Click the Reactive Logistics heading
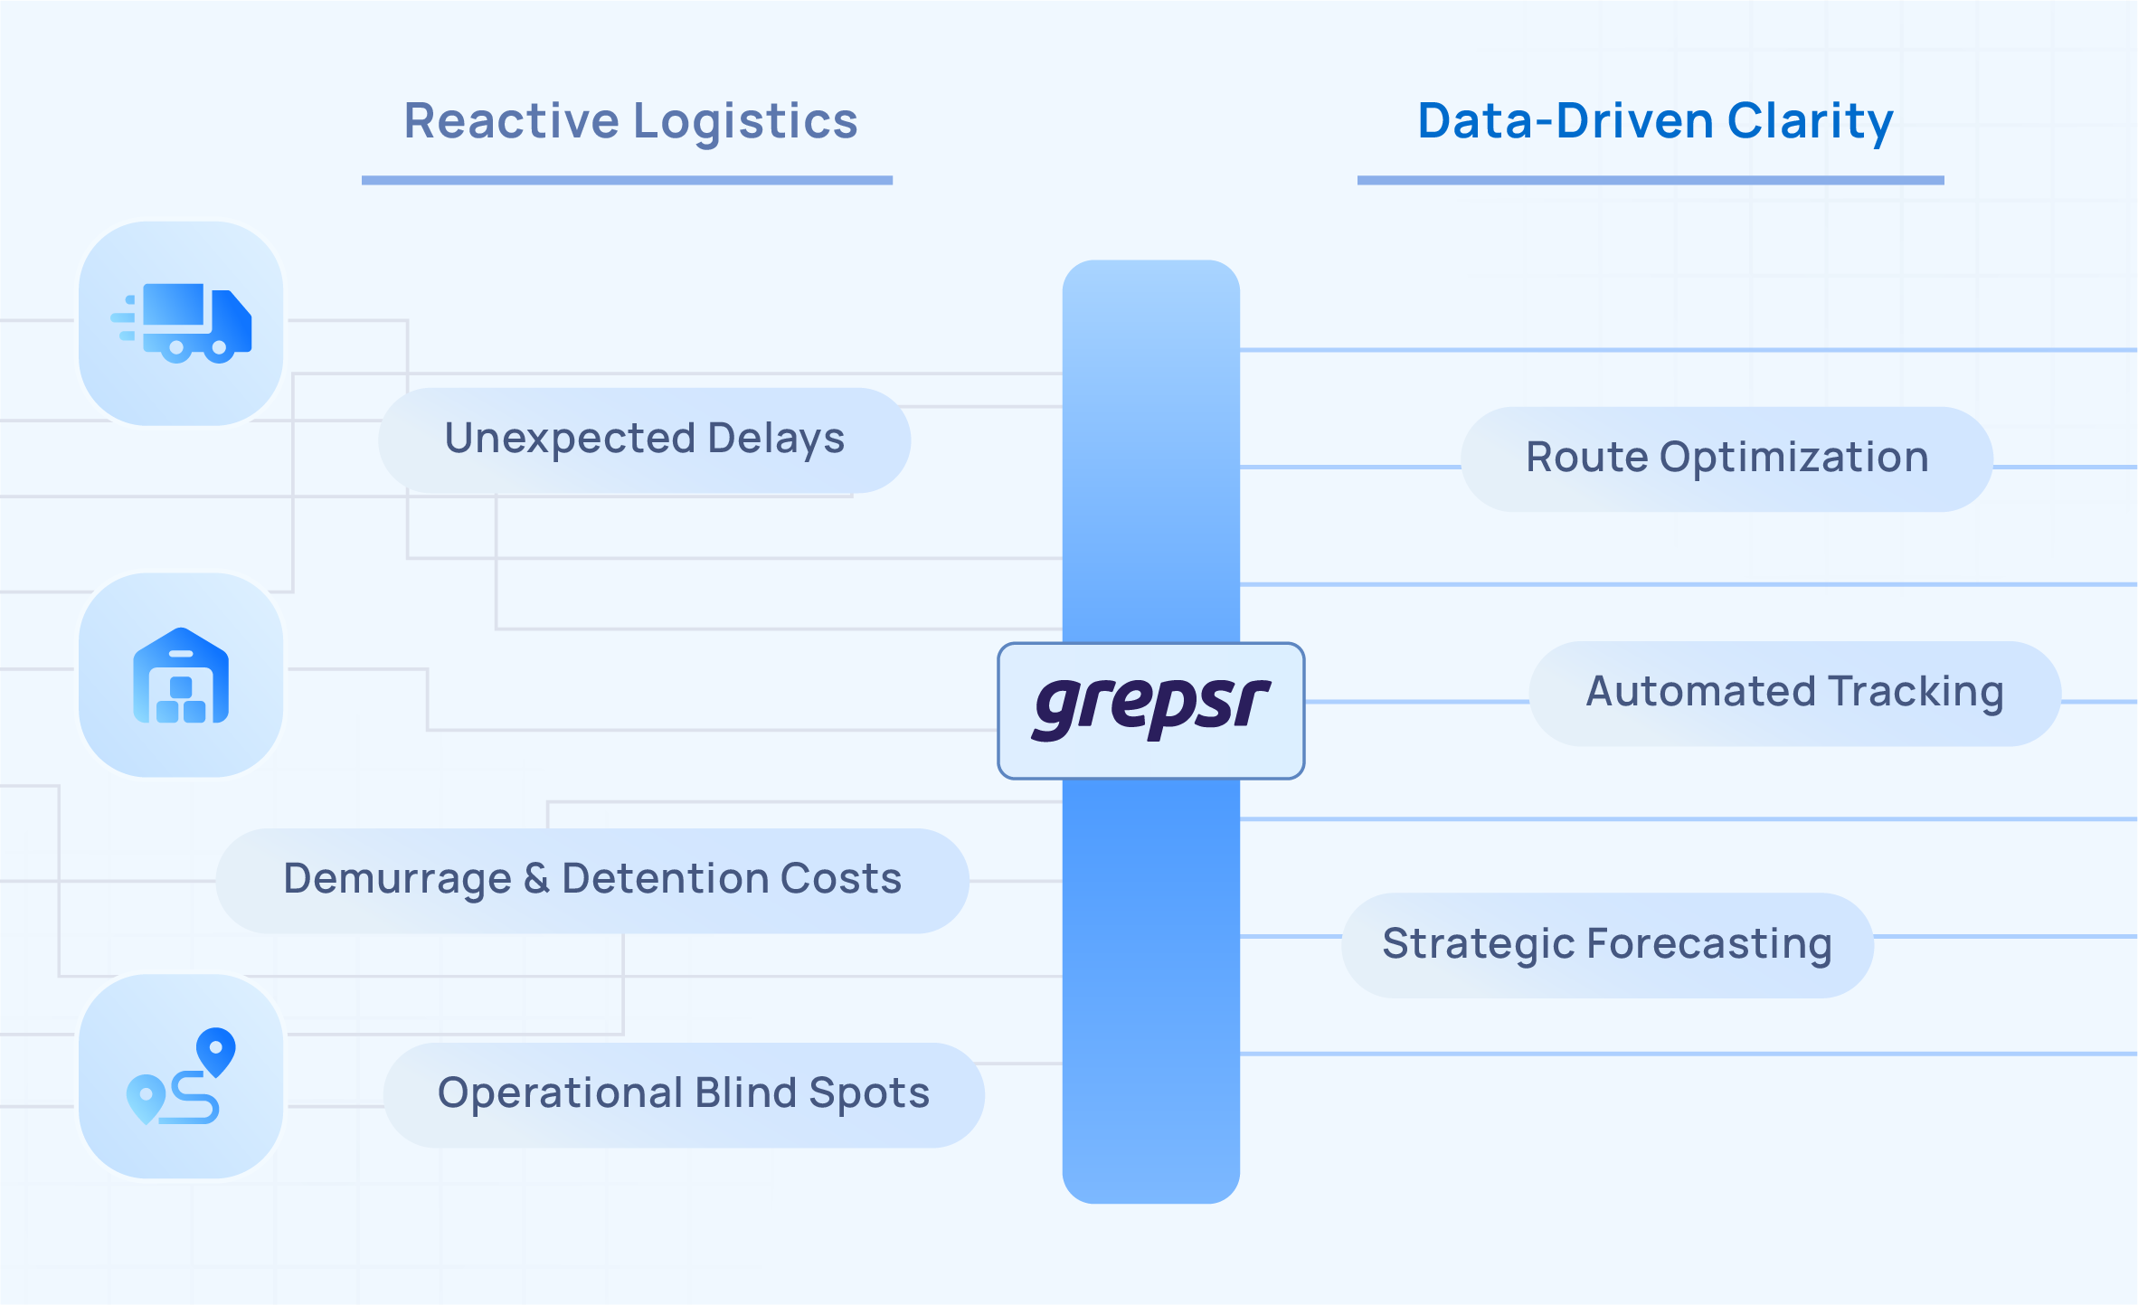(630, 121)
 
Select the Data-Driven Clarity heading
(1654, 121)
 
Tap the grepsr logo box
(1150, 710)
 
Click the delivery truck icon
(181, 324)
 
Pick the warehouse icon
(181, 676)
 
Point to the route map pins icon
(181, 1076)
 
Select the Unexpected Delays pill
(644, 440)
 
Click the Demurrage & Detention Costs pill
(592, 880)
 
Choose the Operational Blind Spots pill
(684, 1094)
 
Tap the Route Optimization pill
(1726, 459)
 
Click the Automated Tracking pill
(1794, 693)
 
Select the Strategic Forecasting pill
(1607, 945)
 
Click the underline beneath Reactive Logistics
(627, 181)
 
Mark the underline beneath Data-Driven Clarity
(1650, 181)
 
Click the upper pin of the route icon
(216, 1050)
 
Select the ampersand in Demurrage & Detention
(536, 879)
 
